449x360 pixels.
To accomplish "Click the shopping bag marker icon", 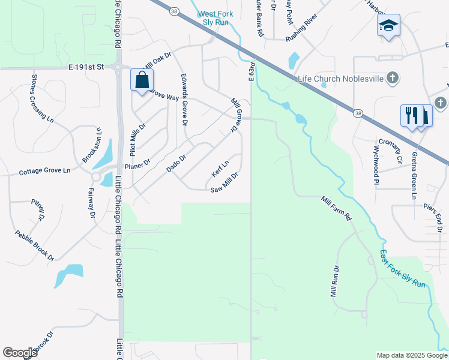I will point(142,80).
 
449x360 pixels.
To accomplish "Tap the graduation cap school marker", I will point(388,25).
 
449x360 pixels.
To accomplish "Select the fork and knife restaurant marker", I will point(412,115).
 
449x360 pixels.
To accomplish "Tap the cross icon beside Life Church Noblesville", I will point(392,77).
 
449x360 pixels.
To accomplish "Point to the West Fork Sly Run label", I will point(215,17).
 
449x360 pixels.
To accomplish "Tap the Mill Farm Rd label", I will point(336,209).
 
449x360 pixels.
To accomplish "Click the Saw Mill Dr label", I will point(225,183).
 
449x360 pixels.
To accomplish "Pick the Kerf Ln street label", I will point(220,169).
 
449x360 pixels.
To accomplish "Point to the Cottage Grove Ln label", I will point(44,171).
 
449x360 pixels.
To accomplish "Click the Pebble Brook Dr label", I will point(34,246).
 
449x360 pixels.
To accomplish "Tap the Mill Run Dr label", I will point(334,281).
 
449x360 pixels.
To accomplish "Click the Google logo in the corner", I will point(20,353).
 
